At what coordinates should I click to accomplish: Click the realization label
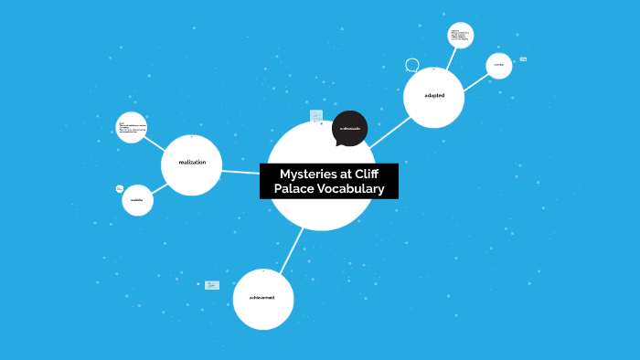point(192,163)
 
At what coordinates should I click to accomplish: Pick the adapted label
point(433,96)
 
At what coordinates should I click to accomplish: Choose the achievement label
point(261,297)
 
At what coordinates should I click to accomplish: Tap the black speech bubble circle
point(349,129)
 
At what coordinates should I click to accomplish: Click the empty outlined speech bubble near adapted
point(412,65)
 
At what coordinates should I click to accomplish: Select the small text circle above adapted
point(460,36)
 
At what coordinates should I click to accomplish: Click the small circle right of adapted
point(498,65)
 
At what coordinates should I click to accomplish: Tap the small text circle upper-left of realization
point(132,127)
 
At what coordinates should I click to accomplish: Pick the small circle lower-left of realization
point(137,200)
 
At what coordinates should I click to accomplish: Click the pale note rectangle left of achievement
point(212,285)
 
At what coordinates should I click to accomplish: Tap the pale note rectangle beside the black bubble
point(316,116)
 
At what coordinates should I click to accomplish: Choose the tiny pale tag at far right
point(523,59)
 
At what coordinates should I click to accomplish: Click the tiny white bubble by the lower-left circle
point(120,189)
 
